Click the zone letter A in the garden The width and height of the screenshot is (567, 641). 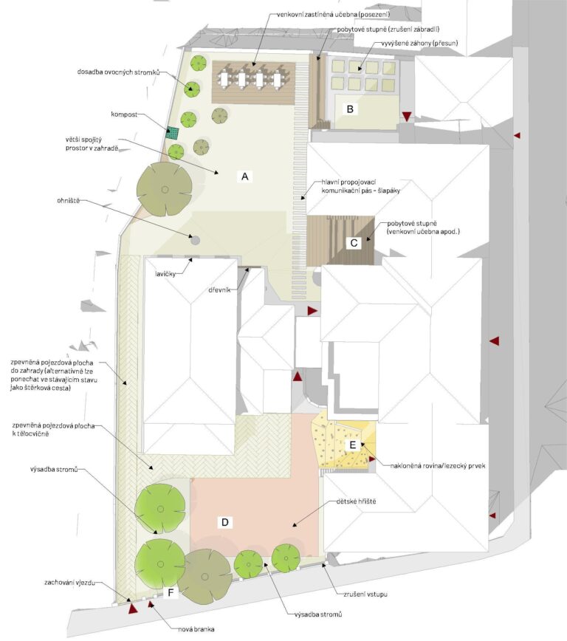[244, 176]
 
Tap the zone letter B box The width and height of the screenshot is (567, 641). [350, 109]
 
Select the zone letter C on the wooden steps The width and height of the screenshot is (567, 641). [354, 243]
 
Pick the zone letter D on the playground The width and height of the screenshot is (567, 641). [225, 522]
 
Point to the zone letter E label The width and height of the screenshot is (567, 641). [353, 445]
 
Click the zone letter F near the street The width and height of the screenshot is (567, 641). [171, 593]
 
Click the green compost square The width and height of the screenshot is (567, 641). [173, 133]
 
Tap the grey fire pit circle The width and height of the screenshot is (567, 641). [196, 240]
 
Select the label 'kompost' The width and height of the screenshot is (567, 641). [124, 114]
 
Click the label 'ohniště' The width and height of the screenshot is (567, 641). [68, 201]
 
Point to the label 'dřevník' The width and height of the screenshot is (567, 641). [219, 289]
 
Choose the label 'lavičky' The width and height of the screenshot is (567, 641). [165, 274]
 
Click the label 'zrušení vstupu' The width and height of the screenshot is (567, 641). [365, 594]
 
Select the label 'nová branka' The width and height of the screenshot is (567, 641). [196, 629]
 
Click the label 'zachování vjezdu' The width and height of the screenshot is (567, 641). [69, 583]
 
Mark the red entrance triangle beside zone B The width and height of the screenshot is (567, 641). [406, 117]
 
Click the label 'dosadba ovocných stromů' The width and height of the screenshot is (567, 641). [118, 72]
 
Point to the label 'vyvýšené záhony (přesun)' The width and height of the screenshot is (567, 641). [419, 43]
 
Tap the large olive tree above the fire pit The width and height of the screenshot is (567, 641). [165, 189]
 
